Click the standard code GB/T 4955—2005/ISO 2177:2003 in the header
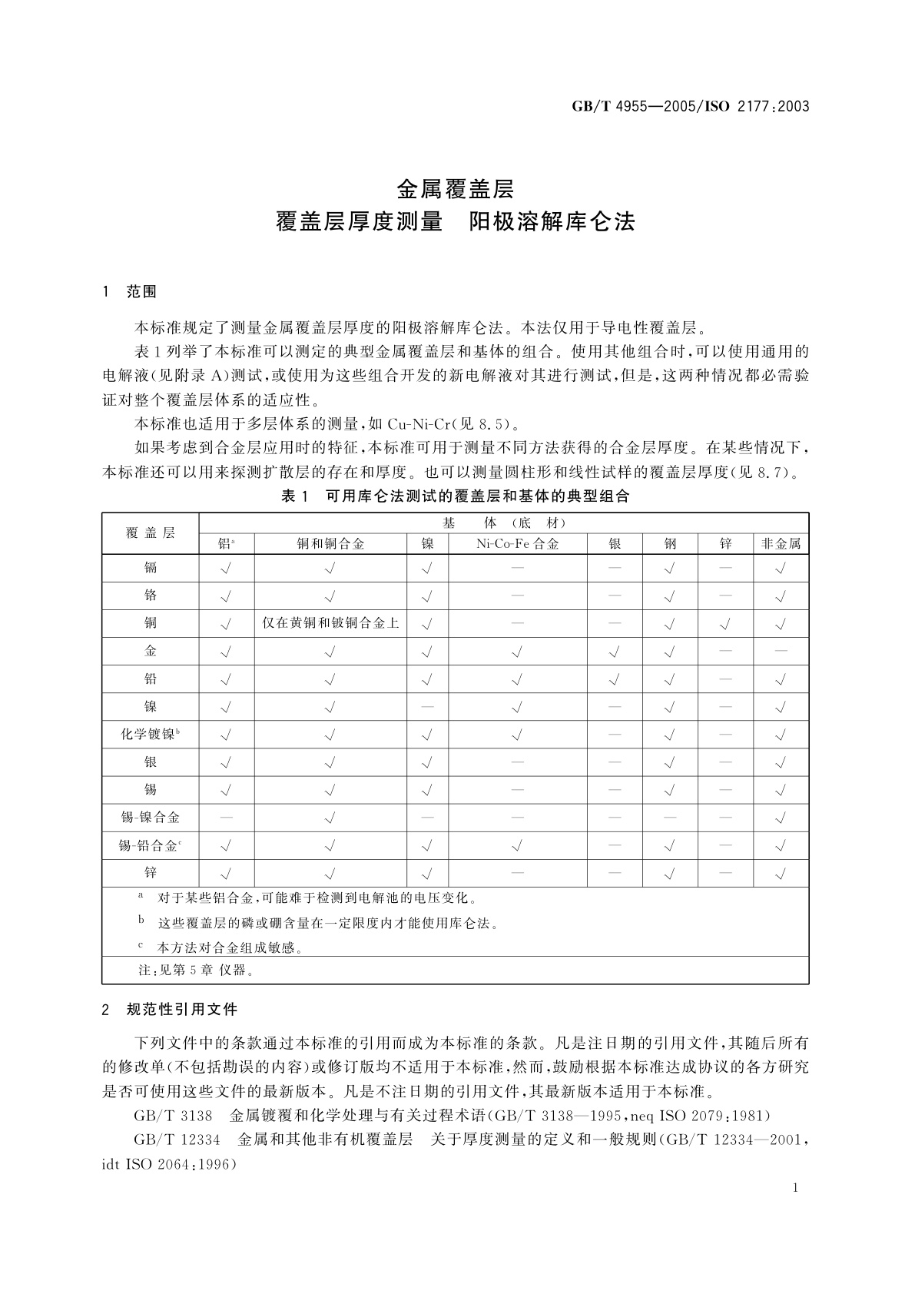point(690,107)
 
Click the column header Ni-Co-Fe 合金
point(517,544)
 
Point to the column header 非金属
point(781,544)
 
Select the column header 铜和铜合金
point(330,544)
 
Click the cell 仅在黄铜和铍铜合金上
point(330,623)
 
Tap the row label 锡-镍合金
point(150,818)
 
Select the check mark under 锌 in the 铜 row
point(725,624)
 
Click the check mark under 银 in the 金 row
point(615,652)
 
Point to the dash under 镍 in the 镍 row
point(428,707)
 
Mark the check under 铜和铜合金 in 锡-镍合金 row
point(330,818)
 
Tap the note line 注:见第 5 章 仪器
point(196,970)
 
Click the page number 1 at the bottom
point(795,1189)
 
